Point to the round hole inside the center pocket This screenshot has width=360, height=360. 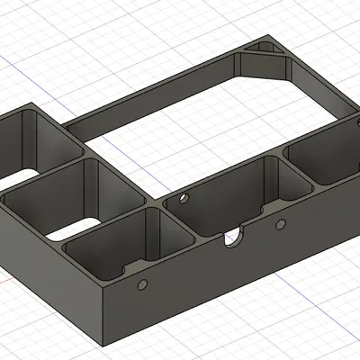(184, 194)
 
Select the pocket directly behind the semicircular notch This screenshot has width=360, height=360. (225, 193)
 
